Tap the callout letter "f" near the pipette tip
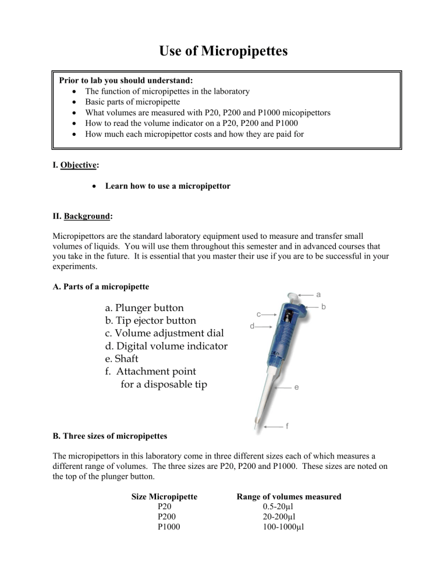[x=286, y=426]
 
